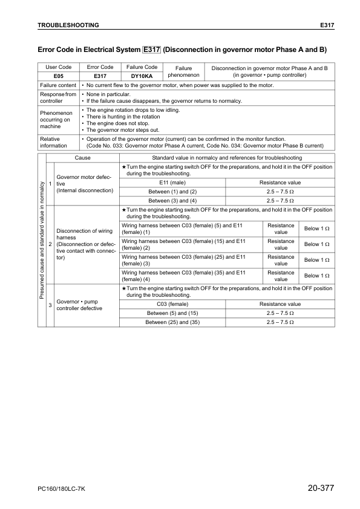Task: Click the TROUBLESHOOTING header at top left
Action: tap(68, 25)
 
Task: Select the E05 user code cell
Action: tap(59, 77)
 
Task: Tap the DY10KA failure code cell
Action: tap(142, 77)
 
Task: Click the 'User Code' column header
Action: tap(59, 67)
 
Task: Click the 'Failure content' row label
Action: tap(58, 85)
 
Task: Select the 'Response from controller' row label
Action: tap(58, 97)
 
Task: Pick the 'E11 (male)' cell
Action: tap(172, 183)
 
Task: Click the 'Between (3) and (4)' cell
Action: tap(172, 200)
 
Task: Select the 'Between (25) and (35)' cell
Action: tap(172, 322)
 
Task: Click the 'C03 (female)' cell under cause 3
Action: tap(172, 304)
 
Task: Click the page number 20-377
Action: tap(321, 488)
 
